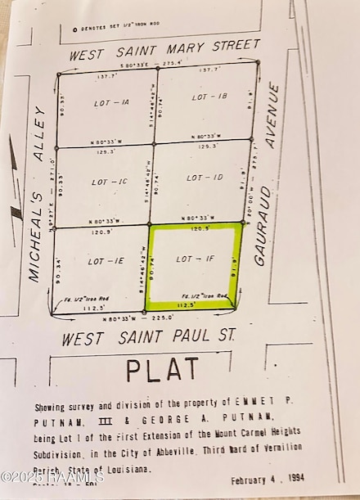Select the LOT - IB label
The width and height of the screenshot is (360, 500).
tap(209, 97)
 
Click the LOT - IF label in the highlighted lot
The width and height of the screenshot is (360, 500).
tap(195, 259)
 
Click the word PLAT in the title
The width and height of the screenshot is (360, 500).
tap(163, 370)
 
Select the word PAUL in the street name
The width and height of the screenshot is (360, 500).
tap(184, 336)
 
